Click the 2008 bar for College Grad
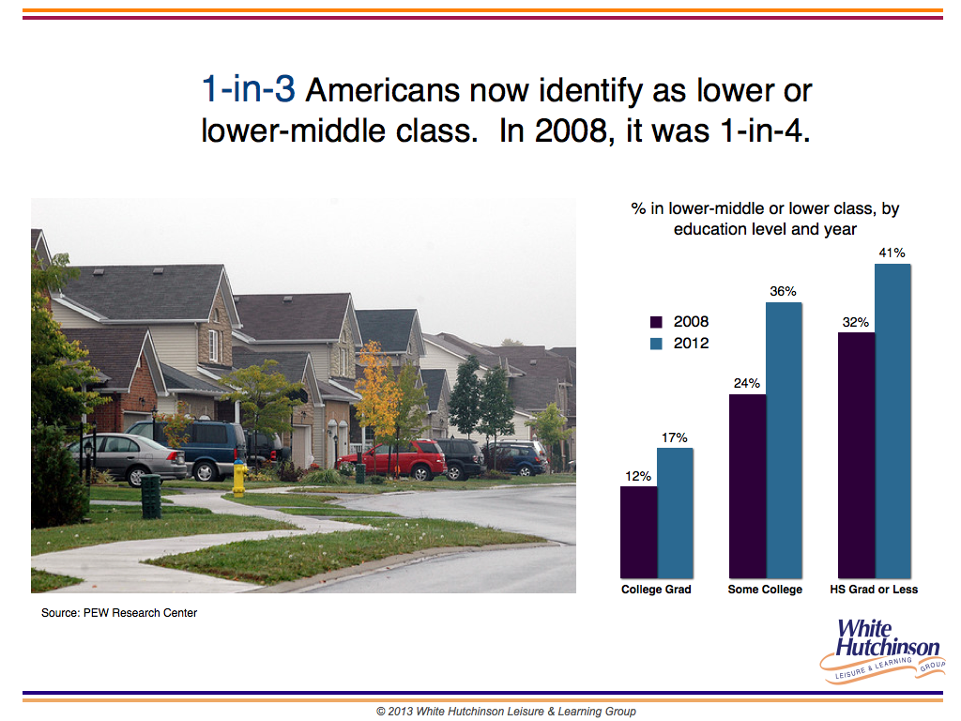click(x=638, y=532)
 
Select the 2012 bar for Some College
click(x=784, y=440)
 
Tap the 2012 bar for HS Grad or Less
click(x=893, y=422)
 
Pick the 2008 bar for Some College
click(x=748, y=486)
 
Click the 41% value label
click(x=892, y=253)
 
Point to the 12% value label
click(x=638, y=476)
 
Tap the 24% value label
click(x=746, y=383)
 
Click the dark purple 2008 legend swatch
click(x=656, y=322)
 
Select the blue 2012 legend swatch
click(x=656, y=344)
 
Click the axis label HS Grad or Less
click(x=874, y=590)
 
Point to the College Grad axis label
click(x=656, y=590)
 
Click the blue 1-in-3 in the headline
click(x=248, y=89)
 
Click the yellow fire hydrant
click(x=239, y=478)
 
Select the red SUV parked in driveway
click(x=391, y=459)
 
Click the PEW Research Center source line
click(x=119, y=612)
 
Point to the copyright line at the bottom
click(x=506, y=712)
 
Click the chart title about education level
click(x=765, y=218)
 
